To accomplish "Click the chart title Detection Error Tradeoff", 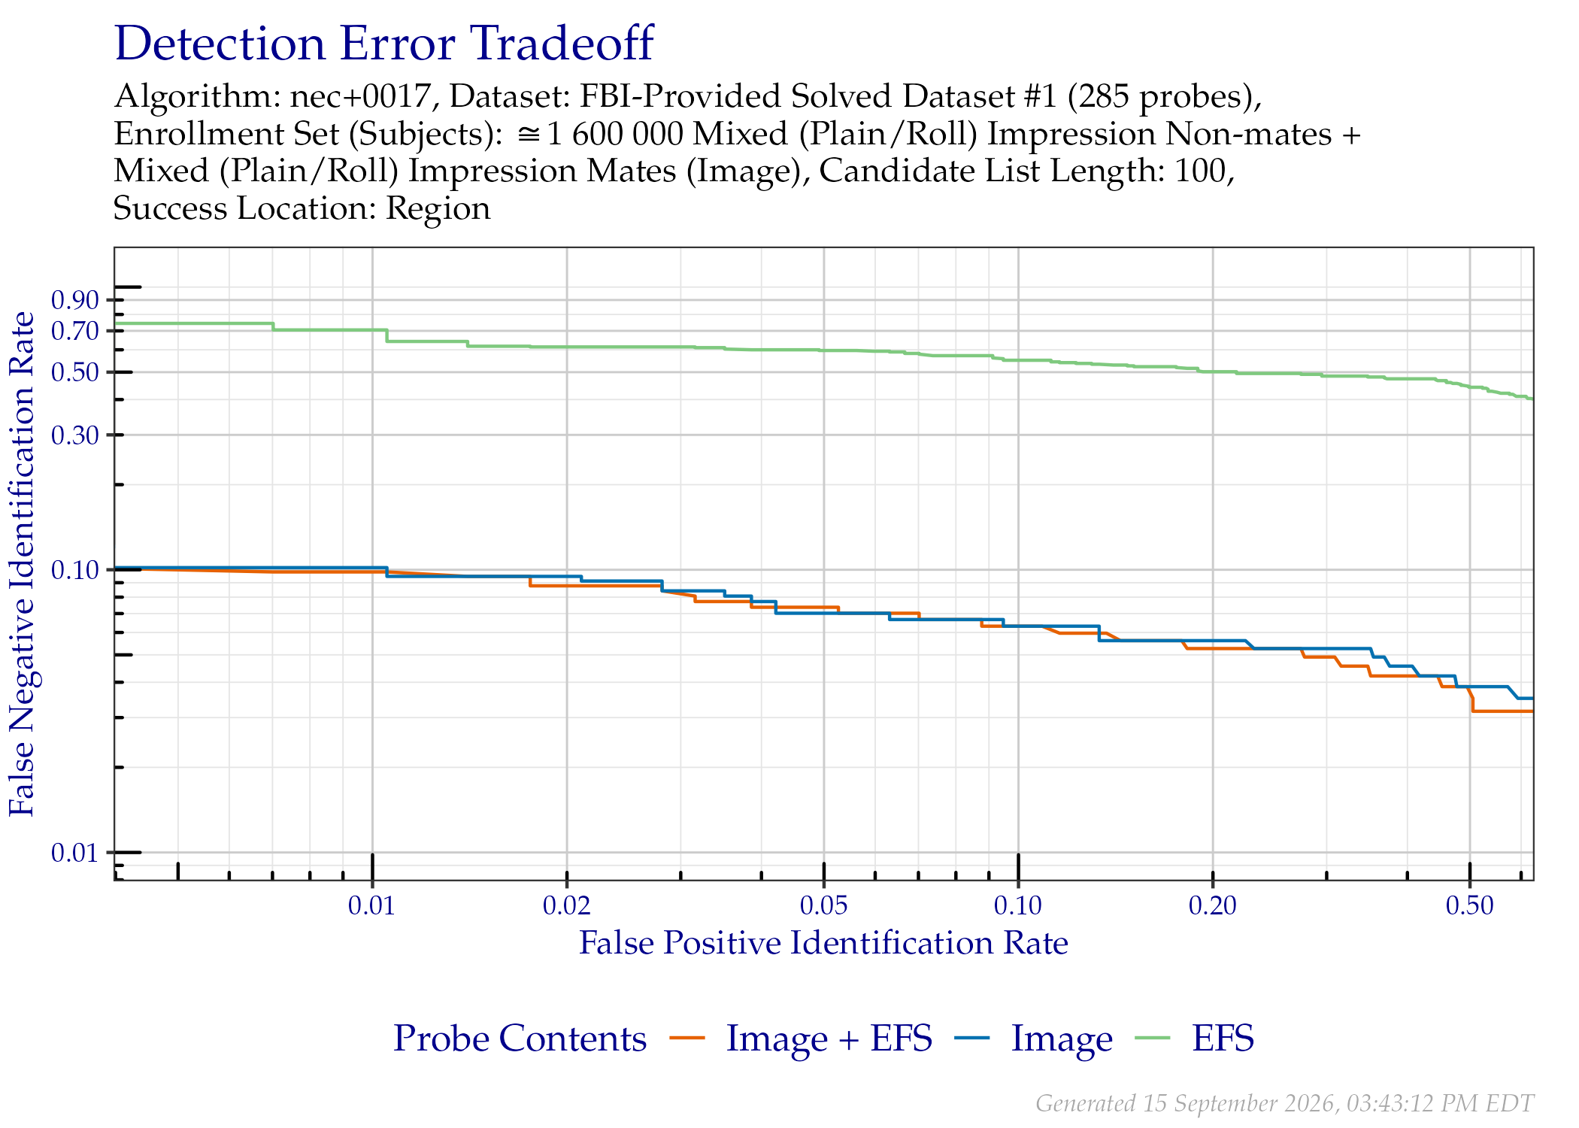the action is [383, 44].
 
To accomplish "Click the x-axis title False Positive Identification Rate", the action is [823, 943].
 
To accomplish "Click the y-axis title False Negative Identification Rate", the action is [23, 564].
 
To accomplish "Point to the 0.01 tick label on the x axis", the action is [371, 905].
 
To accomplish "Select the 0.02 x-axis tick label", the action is [566, 905].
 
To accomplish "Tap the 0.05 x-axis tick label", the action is [823, 905].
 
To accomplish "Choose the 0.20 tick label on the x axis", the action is [1212, 905].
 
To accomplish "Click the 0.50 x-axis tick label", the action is [1469, 905].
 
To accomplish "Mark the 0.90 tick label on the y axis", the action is [75, 300].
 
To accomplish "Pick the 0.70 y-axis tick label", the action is [75, 331].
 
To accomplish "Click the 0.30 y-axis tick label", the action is [75, 435].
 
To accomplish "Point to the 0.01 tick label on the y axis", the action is [75, 853].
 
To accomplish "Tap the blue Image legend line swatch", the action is [971, 1039].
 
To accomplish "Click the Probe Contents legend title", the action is [520, 1039].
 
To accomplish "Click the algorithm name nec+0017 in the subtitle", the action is [361, 97].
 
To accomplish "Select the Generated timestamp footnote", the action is [1284, 1103].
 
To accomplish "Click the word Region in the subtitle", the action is [438, 209].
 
